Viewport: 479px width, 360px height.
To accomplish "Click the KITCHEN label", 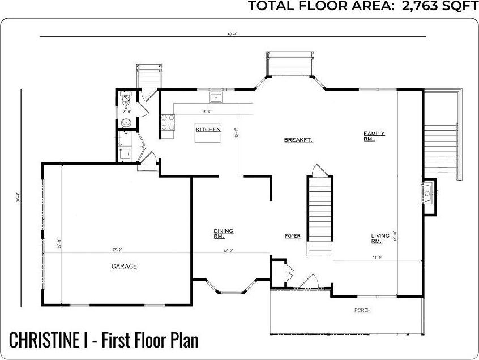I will tap(208, 130).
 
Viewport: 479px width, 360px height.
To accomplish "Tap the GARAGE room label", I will tap(123, 265).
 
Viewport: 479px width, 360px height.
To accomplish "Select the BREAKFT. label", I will tap(298, 139).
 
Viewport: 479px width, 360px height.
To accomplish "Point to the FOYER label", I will tap(292, 235).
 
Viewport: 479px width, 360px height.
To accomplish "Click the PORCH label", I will tap(362, 310).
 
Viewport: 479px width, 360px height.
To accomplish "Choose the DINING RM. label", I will tap(223, 233).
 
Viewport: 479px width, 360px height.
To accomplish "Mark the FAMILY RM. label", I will tap(374, 136).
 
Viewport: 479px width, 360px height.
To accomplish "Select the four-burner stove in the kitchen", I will tap(168, 123).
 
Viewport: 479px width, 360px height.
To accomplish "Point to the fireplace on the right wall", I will tap(428, 194).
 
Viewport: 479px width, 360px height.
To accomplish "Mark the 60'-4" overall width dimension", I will tap(232, 34).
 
